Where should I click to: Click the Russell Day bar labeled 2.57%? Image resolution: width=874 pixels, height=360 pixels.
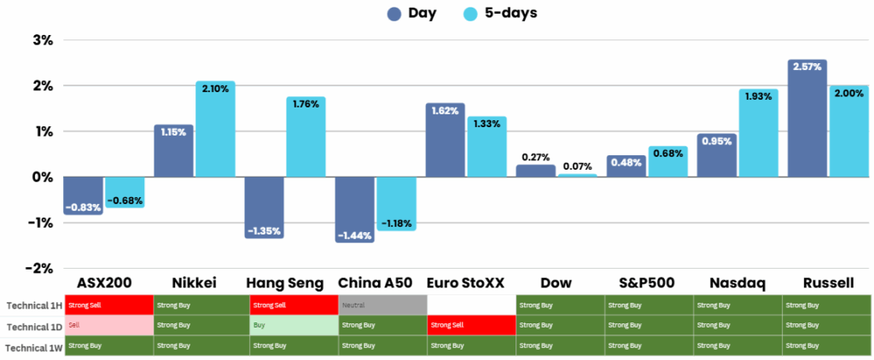coord(807,119)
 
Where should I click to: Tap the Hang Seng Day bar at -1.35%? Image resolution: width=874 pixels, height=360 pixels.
coord(264,207)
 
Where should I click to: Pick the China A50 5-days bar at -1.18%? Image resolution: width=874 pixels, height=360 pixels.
coord(396,204)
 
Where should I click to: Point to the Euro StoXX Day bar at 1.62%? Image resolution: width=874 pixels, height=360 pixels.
coord(445,141)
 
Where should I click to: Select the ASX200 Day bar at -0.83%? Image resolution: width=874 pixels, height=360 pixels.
coord(84,196)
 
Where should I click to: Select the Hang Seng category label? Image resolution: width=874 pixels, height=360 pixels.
coord(285,282)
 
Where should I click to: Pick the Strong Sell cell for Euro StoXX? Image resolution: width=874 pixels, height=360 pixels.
coord(471,325)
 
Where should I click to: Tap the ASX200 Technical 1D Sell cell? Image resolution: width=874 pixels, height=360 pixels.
coord(108,325)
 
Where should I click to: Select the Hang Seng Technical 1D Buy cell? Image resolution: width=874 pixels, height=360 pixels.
coord(293,325)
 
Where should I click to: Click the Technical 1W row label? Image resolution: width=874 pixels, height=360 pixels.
coord(31,347)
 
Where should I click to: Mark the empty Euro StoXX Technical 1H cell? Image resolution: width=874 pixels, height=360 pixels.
coord(471,305)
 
